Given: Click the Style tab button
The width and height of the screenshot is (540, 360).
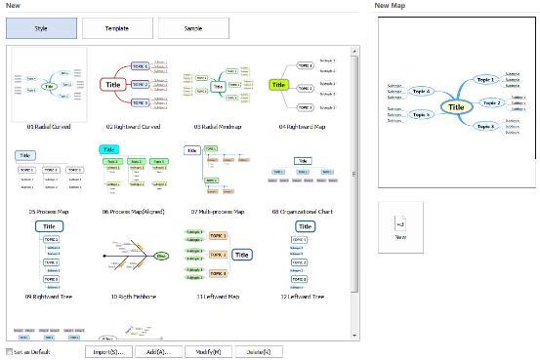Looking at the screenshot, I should [x=42, y=28].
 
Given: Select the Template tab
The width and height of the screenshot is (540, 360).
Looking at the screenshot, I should [x=116, y=28].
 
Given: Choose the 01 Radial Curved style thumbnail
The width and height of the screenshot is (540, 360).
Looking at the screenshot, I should [x=48, y=84].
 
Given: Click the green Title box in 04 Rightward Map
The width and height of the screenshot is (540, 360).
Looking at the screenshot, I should [x=278, y=85].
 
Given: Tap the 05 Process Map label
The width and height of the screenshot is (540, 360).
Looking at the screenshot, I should [x=48, y=211].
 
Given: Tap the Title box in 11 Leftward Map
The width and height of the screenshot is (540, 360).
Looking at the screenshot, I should [x=242, y=255].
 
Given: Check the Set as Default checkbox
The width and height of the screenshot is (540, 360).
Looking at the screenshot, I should [x=10, y=351].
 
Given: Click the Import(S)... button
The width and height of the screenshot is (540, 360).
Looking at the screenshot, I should [x=108, y=351].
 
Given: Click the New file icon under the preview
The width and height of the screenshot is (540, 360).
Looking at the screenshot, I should [x=400, y=223].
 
